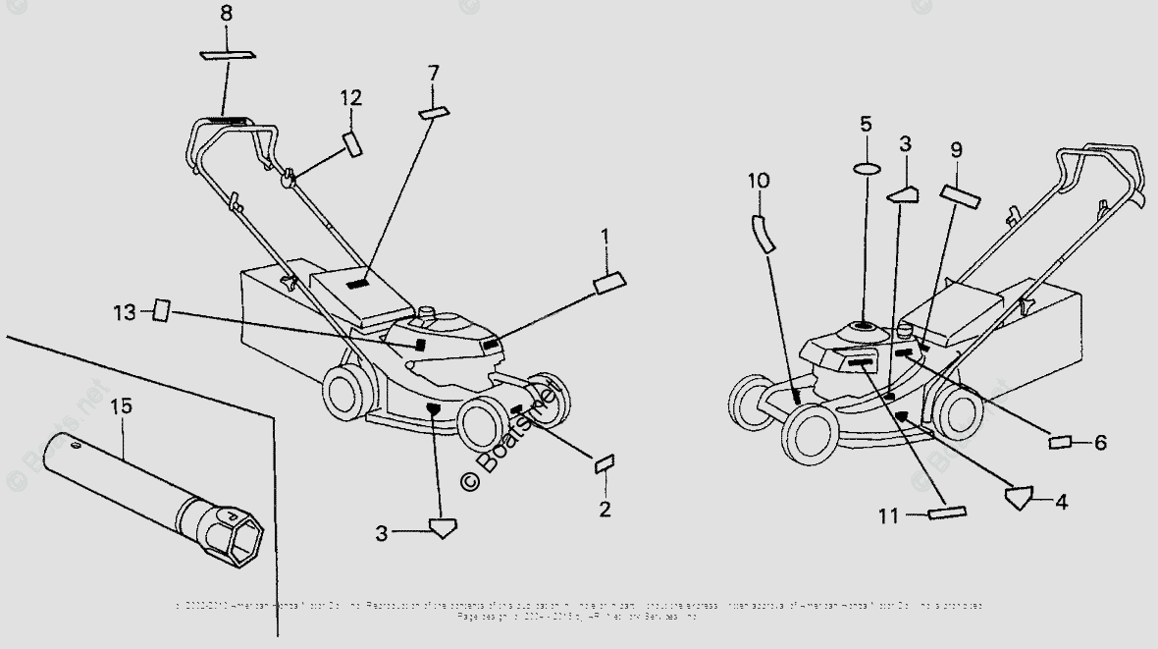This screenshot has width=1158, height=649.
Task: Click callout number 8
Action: pos(227,14)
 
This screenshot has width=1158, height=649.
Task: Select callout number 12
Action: pos(351,97)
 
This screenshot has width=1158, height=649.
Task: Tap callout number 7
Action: pos(433,73)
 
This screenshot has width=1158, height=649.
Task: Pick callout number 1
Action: pos(605,236)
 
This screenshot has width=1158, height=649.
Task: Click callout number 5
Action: pos(866,124)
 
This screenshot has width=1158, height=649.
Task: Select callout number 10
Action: pos(758,181)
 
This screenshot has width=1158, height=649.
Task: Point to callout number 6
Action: pos(1100,443)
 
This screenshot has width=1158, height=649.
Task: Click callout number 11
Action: pos(887,514)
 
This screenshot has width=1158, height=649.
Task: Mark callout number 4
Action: pos(1060,501)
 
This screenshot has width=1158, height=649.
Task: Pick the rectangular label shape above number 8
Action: pos(227,55)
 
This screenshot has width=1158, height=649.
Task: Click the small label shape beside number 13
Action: pos(161,312)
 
